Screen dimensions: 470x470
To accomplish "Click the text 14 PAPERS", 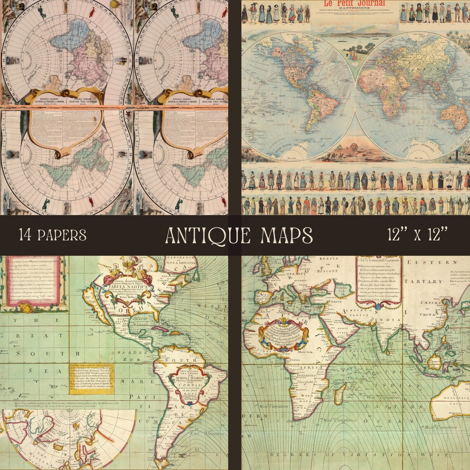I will click(x=52, y=235).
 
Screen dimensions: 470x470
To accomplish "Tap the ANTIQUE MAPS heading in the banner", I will click(x=239, y=235).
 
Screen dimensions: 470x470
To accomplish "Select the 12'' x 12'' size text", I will click(x=417, y=235).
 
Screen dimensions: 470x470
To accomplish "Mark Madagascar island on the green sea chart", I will click(x=340, y=392).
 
